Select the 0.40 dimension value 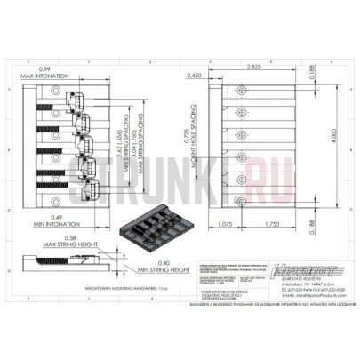pyautogui.click(x=138, y=262)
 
